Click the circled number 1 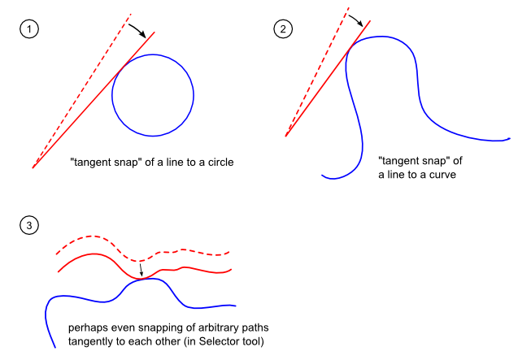[28, 29]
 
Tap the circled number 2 [283, 29]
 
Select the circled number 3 [28, 224]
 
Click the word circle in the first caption [219, 163]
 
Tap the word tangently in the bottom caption [94, 341]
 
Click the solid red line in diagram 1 [81, 115]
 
